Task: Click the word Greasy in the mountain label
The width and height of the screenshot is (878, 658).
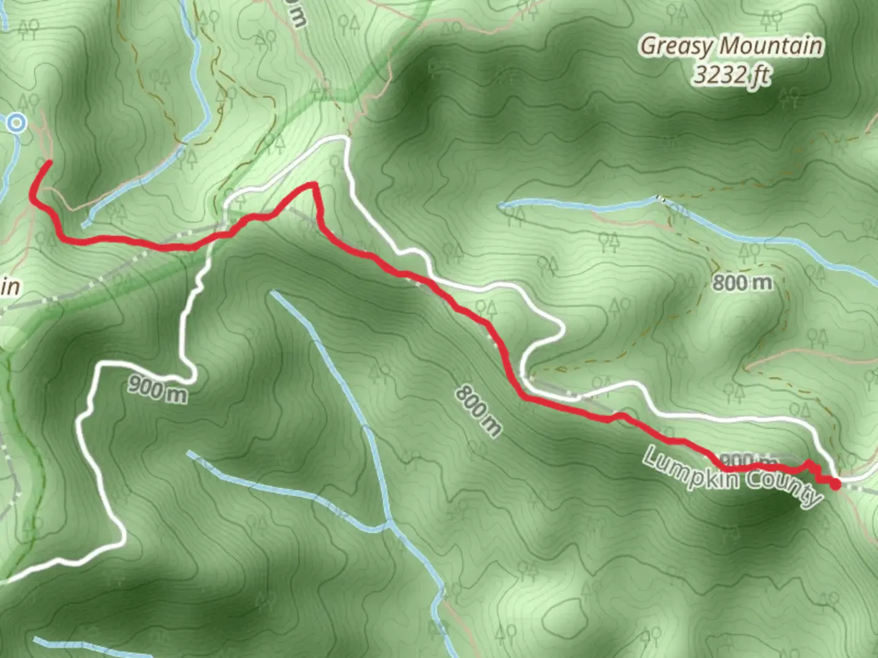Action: point(677,46)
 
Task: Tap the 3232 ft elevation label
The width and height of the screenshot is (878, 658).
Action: point(731,76)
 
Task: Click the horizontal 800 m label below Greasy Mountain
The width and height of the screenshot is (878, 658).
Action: point(742,282)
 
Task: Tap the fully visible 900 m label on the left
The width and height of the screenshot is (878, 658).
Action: point(157,389)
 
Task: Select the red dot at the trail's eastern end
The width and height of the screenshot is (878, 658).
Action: point(835,484)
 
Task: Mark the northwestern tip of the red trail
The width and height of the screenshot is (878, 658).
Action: point(48,161)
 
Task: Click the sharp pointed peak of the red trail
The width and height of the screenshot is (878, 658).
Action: point(313,184)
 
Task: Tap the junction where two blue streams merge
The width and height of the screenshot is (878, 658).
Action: point(388,524)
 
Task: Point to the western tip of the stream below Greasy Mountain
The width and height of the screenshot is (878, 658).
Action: point(501,206)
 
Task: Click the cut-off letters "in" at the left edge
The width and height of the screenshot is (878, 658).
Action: point(9,286)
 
